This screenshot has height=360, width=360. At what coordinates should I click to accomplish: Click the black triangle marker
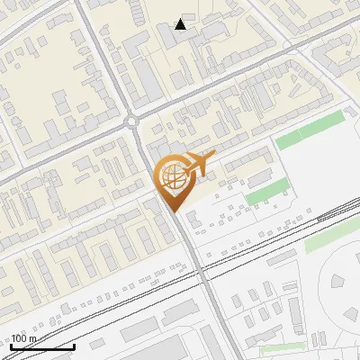click(181, 24)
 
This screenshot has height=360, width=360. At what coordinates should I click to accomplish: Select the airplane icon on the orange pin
click(197, 163)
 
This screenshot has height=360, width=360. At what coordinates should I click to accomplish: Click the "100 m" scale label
click(23, 338)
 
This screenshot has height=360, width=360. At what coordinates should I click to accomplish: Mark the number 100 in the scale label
click(19, 338)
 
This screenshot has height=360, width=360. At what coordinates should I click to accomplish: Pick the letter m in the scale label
click(33, 338)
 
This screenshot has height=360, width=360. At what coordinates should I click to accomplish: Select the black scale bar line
click(42, 346)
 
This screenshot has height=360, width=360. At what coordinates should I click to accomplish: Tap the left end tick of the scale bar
click(11, 345)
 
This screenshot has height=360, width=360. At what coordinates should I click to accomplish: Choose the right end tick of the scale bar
click(74, 345)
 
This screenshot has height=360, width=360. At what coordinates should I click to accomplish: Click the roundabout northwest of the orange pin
click(133, 121)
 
